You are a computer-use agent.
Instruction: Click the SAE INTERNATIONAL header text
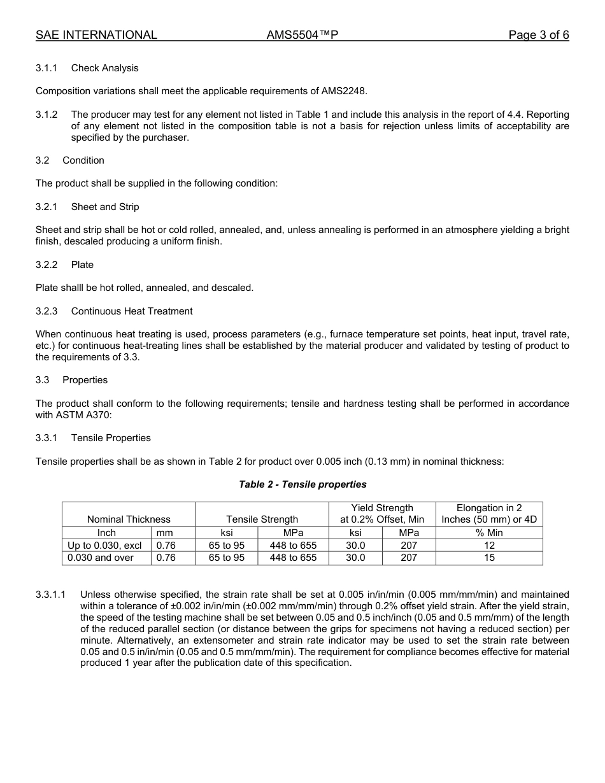96,36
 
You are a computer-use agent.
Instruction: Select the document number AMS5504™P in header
302,36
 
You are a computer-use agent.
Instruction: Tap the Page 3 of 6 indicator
538,36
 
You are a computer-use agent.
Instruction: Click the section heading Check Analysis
104,68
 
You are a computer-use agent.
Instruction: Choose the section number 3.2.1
46,207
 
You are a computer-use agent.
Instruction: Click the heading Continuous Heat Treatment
132,311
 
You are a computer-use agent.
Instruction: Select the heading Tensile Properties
111,438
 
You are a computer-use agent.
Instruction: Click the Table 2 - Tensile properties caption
302,484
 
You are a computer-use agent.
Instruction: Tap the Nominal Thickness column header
129,519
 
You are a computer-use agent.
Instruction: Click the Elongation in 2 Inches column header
489,514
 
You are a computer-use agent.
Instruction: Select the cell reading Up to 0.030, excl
104,546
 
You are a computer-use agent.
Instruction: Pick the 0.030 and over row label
101,558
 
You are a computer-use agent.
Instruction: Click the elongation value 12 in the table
489,546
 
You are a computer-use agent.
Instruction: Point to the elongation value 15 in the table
489,558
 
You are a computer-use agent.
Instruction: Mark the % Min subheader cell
489,533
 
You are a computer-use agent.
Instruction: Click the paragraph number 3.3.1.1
51,595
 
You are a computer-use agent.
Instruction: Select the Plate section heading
82,265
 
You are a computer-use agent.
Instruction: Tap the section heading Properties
85,380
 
